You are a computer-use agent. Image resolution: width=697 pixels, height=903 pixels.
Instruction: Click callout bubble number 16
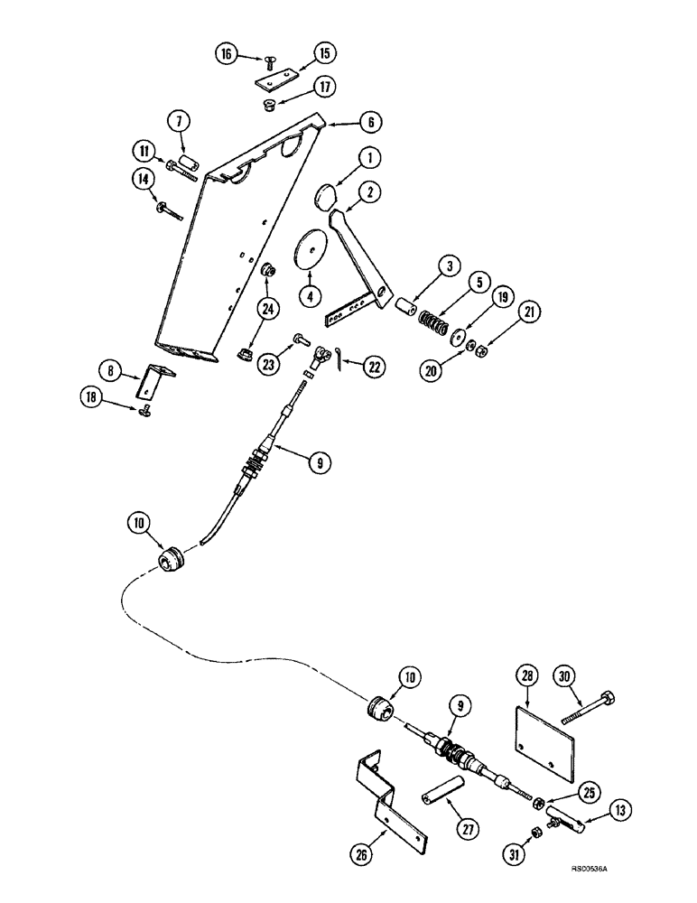pos(227,53)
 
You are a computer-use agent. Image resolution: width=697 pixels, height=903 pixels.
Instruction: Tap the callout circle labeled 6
pos(348,123)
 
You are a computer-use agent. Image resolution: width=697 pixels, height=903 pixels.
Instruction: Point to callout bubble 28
pos(528,674)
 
